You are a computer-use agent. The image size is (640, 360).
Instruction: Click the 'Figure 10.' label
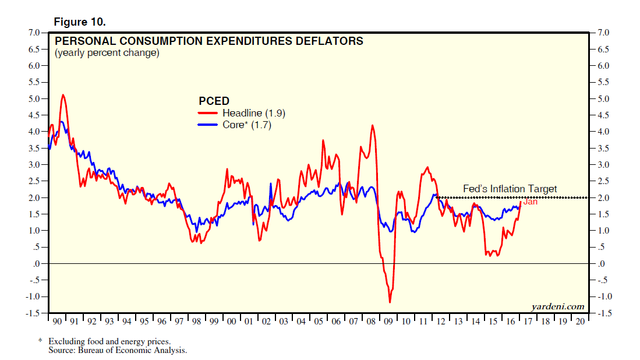(x=80, y=22)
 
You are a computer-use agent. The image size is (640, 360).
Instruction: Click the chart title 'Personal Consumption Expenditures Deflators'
(x=208, y=41)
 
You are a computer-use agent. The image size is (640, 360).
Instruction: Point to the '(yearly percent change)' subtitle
(x=107, y=53)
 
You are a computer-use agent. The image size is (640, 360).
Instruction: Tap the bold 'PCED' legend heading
(x=214, y=101)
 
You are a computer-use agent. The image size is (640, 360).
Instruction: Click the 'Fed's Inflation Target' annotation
(x=510, y=189)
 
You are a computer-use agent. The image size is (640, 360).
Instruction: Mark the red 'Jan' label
(x=530, y=202)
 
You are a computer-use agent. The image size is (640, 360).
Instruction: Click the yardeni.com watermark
(x=558, y=306)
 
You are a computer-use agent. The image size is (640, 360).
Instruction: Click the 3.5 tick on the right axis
(x=602, y=149)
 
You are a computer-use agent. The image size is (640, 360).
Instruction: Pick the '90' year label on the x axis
(x=58, y=322)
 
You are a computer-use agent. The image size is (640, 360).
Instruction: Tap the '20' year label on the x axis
(x=581, y=322)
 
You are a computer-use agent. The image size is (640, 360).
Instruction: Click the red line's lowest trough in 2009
(x=390, y=302)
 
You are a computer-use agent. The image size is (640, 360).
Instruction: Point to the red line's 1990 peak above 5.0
(x=63, y=94)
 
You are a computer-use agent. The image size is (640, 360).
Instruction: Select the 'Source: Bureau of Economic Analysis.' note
(x=118, y=350)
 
